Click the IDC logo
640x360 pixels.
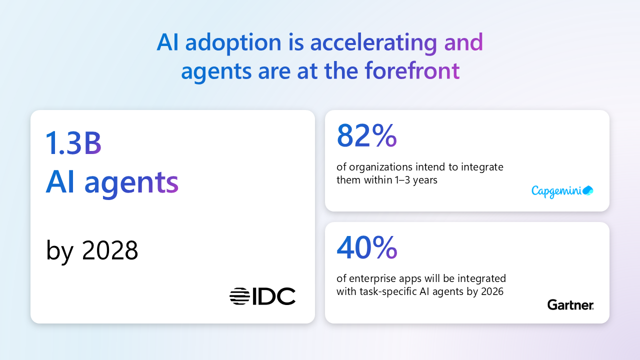coord(262,296)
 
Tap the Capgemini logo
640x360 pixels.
coord(562,191)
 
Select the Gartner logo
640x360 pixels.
coord(570,304)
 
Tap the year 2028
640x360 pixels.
coord(110,250)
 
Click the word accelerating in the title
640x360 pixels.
coord(373,43)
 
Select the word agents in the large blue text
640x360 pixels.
coord(131,183)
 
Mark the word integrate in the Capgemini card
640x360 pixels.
coord(483,167)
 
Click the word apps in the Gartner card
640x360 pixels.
coord(409,278)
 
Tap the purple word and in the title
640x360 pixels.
coord(463,43)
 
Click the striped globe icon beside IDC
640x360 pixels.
coord(239,296)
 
